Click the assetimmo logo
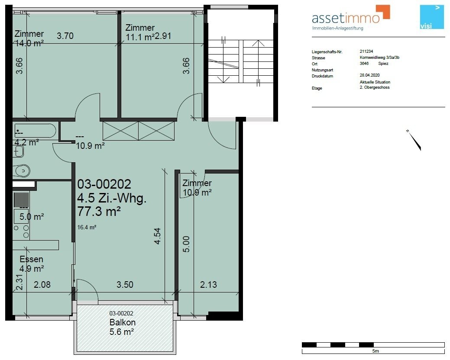(x=351, y=17)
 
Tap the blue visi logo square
(x=432, y=17)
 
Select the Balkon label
(x=123, y=322)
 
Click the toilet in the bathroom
(x=21, y=171)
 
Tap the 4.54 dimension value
(x=157, y=236)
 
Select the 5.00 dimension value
(x=186, y=244)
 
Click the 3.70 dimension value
(x=65, y=36)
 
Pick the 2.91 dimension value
(x=163, y=36)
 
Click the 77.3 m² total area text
(x=99, y=212)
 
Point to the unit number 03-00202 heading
(x=104, y=184)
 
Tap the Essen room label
(x=31, y=259)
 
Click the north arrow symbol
(x=414, y=140)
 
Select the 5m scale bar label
(x=376, y=351)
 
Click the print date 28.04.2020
(x=369, y=75)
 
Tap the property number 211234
(x=366, y=51)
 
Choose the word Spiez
(x=383, y=63)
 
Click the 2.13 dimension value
(x=208, y=285)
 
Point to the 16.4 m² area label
(x=87, y=227)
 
